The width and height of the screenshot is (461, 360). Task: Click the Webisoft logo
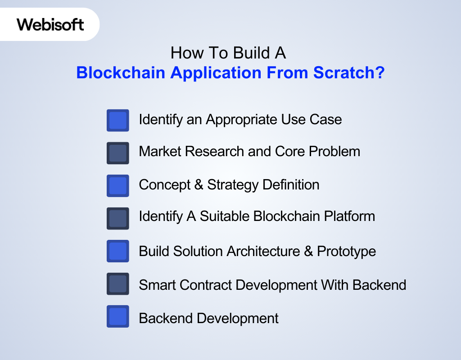[50, 24]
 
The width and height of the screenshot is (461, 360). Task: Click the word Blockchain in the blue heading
[121, 73]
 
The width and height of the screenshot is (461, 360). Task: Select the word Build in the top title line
[242, 53]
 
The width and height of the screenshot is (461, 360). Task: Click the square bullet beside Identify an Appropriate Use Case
[118, 120]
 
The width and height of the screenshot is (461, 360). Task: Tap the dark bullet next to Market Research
[118, 153]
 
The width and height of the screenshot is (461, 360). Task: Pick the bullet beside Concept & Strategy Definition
[118, 185]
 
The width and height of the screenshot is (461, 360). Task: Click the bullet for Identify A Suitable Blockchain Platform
[118, 218]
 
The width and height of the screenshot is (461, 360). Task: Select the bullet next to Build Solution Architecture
[118, 251]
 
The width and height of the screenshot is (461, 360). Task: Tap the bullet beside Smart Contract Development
[118, 283]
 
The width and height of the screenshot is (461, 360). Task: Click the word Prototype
[346, 251]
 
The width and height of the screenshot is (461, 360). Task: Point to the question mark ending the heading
[379, 73]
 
